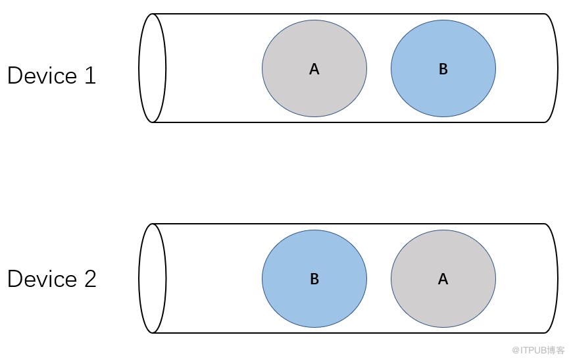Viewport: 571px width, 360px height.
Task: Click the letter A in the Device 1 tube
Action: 314,69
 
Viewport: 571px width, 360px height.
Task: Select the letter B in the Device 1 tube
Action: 443,69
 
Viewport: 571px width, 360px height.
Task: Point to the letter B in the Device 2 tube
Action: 314,279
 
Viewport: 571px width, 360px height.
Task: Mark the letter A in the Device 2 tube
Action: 443,279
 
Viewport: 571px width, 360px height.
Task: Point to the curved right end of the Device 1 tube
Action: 556,68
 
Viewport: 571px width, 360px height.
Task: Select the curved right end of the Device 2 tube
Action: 556,278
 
